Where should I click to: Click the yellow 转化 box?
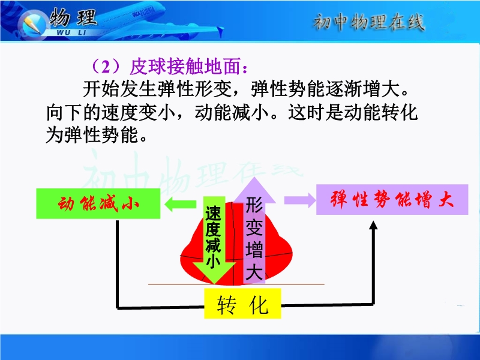pyautogui.click(x=242, y=304)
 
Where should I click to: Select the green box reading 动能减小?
pyautogui.click(x=98, y=203)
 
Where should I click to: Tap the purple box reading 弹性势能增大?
pyautogui.click(x=392, y=200)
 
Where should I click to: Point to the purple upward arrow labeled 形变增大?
pyautogui.click(x=254, y=230)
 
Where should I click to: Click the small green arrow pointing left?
pyautogui.click(x=181, y=204)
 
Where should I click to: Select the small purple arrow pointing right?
pyautogui.click(x=300, y=200)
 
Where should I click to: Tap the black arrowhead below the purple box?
pyautogui.click(x=373, y=225)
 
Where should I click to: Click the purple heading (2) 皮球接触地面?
pyautogui.click(x=169, y=67)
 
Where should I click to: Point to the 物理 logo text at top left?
pyautogui.click(x=73, y=17)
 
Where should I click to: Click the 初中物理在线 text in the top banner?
pyautogui.click(x=369, y=22)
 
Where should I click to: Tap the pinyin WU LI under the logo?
pyautogui.click(x=71, y=32)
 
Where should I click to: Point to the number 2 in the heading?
pyautogui.click(x=106, y=67)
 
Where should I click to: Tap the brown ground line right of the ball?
pyautogui.click(x=299, y=284)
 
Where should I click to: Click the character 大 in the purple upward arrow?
pyautogui.click(x=254, y=271)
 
